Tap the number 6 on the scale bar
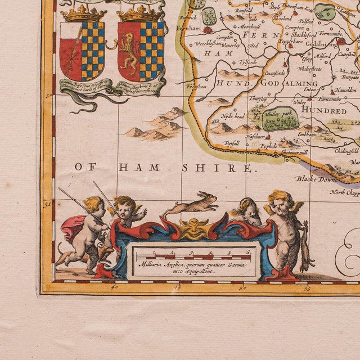[248, 254]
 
